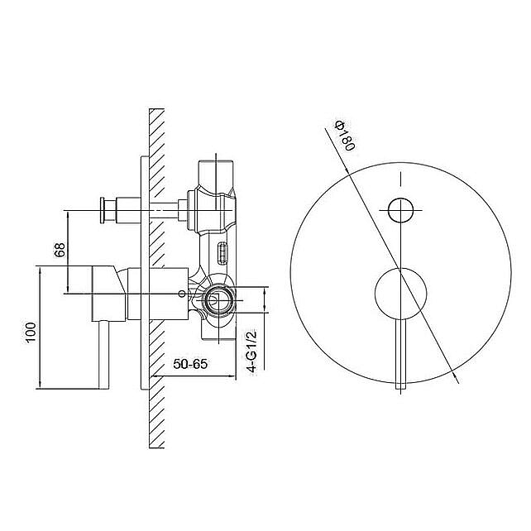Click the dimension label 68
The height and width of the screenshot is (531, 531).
coord(60,250)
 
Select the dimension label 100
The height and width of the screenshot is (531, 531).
coord(31,332)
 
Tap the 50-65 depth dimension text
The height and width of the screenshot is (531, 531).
coord(190,364)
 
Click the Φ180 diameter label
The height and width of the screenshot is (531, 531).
coord(345,136)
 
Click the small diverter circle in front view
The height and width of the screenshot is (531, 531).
coord(400,210)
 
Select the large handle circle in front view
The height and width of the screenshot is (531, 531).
coord(400,294)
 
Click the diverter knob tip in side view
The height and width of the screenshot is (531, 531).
coord(103,210)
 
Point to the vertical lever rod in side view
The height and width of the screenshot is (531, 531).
coord(103,355)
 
